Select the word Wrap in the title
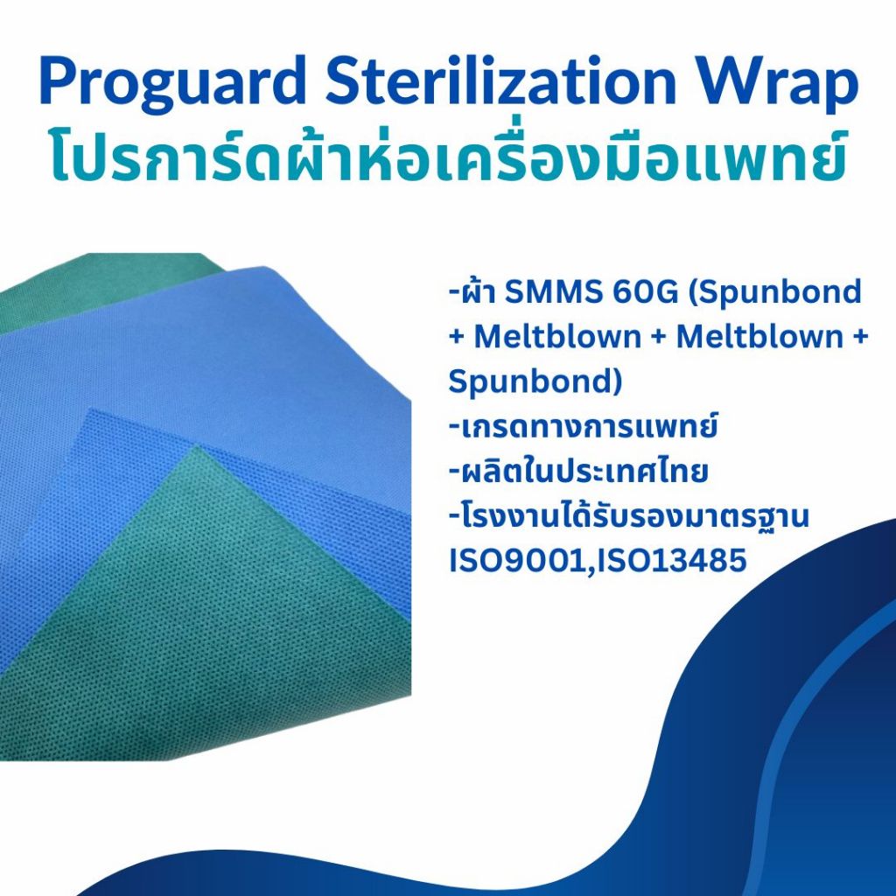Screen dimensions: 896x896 coord(788,87)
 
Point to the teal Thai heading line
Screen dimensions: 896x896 coord(448,157)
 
